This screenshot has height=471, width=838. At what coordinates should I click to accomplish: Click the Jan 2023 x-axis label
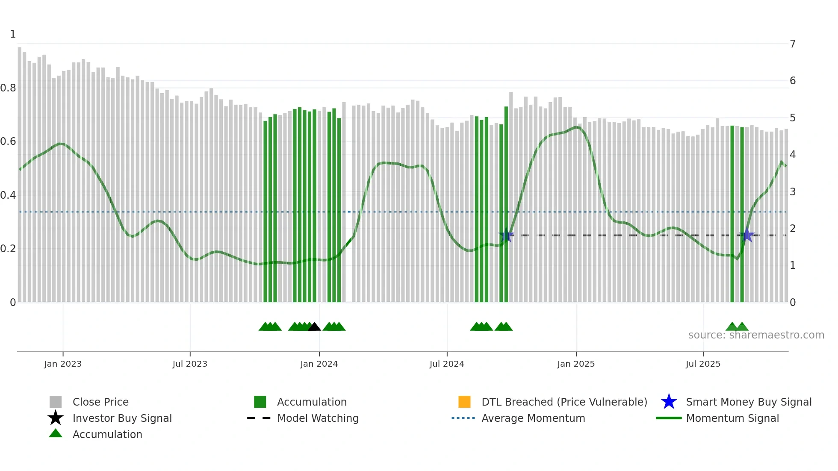(x=62, y=364)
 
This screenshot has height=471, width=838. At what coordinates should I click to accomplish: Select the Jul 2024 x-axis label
(x=446, y=364)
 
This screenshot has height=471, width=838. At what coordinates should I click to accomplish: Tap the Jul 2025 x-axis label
(x=703, y=364)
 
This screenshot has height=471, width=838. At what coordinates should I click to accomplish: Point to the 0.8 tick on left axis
(x=8, y=88)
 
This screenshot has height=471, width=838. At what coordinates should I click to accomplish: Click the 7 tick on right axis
(x=793, y=44)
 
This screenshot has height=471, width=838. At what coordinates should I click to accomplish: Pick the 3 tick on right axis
(x=793, y=192)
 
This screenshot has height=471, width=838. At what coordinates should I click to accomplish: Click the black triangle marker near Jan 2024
(x=314, y=327)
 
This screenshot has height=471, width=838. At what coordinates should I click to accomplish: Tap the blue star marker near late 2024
(x=506, y=235)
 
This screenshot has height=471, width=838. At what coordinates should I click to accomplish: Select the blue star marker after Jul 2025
(x=747, y=235)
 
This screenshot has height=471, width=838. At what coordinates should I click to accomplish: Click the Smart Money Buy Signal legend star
(x=669, y=402)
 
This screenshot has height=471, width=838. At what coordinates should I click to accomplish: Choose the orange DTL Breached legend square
(x=464, y=402)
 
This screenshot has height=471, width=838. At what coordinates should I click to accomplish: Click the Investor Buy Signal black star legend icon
(x=56, y=418)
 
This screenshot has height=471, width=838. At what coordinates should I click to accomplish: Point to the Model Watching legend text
(x=318, y=418)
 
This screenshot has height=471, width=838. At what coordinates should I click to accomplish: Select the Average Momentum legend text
(x=533, y=418)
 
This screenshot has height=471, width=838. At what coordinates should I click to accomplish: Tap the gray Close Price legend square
(x=56, y=402)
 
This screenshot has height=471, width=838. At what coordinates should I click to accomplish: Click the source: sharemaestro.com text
(x=756, y=335)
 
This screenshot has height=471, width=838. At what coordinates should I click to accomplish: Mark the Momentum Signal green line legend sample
(x=669, y=418)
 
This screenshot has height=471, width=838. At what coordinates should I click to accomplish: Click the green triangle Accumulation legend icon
(x=56, y=433)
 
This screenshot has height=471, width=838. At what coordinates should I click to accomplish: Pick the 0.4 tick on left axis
(x=8, y=195)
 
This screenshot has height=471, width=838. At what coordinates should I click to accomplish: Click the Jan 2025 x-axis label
(x=575, y=364)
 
